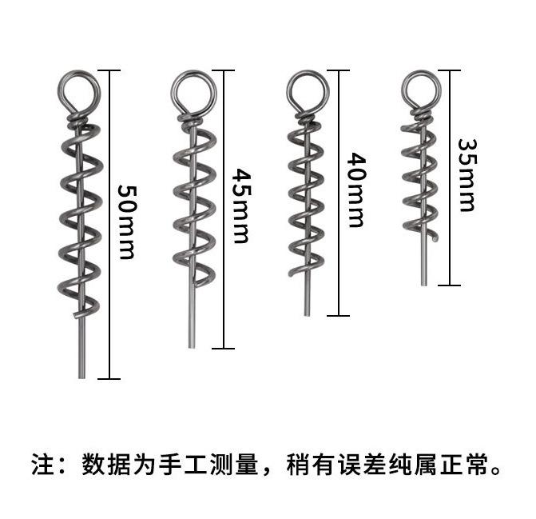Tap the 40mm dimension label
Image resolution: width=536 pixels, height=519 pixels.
coord(355,190)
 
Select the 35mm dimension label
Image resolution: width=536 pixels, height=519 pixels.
coord(467,175)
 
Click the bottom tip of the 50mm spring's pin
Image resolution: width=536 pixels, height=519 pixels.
coord(81,376)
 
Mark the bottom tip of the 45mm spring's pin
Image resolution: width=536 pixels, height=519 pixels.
coord(192,345)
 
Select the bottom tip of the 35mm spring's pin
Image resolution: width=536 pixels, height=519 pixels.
coord(423,283)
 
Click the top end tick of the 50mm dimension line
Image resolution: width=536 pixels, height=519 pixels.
coord(109,70)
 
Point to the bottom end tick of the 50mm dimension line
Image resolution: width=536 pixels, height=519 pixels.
coord(109,378)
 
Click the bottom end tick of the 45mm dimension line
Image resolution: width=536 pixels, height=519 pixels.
coord(224,348)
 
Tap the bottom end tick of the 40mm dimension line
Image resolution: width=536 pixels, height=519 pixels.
coord(339,316)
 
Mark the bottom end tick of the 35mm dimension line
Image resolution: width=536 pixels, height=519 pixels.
coord(450,285)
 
